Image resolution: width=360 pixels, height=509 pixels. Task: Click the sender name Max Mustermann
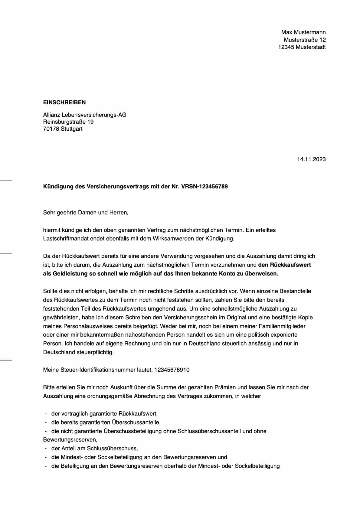pyautogui.click(x=303, y=32)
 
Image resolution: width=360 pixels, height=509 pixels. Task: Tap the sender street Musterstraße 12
pyautogui.click(x=305, y=40)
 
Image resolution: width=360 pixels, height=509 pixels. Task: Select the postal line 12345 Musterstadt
pyautogui.click(x=302, y=47)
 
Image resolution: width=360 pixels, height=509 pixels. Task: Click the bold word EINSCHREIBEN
pyautogui.click(x=64, y=103)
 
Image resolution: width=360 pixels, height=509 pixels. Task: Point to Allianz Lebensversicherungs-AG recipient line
pyautogui.click(x=85, y=115)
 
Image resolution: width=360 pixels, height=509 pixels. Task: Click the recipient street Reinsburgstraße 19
pyautogui.click(x=68, y=122)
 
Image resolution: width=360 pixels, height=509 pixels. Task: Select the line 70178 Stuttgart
pyautogui.click(x=63, y=129)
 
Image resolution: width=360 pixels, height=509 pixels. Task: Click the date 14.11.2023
pyautogui.click(x=311, y=159)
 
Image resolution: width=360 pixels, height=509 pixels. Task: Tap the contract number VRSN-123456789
pyautogui.click(x=204, y=187)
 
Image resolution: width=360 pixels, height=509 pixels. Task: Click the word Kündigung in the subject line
pyautogui.click(x=57, y=187)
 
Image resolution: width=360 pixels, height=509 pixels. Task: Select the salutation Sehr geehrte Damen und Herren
pyautogui.click(x=86, y=213)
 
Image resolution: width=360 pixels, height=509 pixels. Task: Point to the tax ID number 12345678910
pyautogui.click(x=172, y=370)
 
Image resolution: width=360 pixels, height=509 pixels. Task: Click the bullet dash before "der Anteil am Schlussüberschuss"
pyautogui.click(x=46, y=449)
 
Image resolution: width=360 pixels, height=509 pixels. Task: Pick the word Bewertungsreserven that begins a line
pyautogui.click(x=70, y=440)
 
